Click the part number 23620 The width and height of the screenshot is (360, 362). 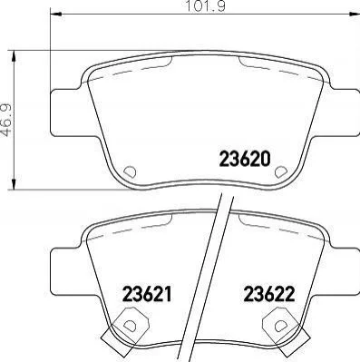coord(244,160)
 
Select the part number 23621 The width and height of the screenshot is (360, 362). coord(147,294)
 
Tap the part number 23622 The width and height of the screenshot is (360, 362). coord(269,294)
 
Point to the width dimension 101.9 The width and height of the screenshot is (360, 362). coord(206,6)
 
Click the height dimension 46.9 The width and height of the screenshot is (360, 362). coord(6,120)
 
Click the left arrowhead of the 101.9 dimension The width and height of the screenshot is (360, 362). coord(55,14)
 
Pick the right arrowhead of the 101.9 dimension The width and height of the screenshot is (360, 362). coord(354,14)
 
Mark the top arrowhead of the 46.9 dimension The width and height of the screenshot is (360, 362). coord(14,57)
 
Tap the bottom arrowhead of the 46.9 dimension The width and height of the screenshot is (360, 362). coord(14,184)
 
